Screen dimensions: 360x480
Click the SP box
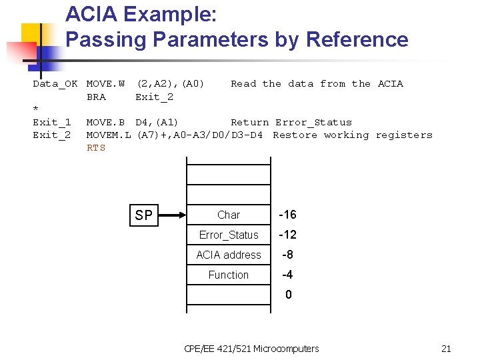point(143,215)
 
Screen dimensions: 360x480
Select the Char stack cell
point(228,215)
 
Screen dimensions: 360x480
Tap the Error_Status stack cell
point(228,235)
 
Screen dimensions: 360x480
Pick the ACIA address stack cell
point(228,255)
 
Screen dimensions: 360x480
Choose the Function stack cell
point(228,275)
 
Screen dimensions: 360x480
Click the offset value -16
point(287,215)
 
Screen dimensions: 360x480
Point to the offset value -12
point(287,235)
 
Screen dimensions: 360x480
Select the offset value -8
point(287,255)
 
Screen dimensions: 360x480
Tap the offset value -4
point(287,275)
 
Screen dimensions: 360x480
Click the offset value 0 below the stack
point(288,295)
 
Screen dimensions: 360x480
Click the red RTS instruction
point(96,148)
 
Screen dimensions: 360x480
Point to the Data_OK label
point(55,84)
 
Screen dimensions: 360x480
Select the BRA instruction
point(96,97)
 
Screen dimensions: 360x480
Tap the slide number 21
point(446,349)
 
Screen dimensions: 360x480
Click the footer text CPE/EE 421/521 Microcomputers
point(251,349)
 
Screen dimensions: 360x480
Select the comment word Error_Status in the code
point(313,123)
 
